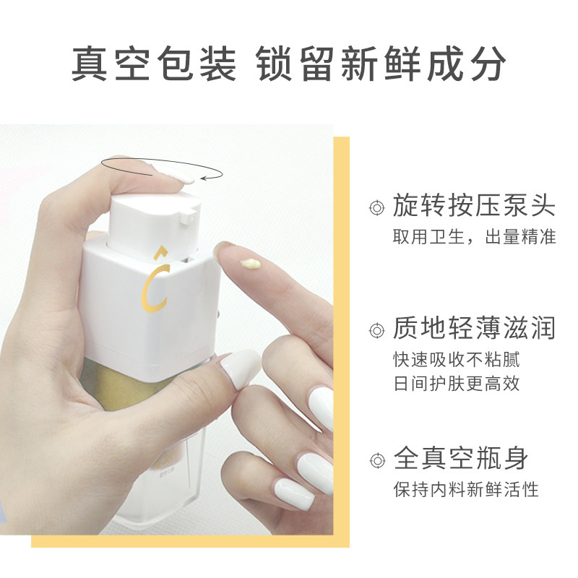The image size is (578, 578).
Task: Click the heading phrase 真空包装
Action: coord(153,65)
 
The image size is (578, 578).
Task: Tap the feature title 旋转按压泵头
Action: coord(474,206)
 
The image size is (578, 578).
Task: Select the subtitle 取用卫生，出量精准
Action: coord(474,237)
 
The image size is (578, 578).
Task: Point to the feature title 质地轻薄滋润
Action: coord(474,329)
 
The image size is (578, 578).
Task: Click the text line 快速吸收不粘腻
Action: coord(456,359)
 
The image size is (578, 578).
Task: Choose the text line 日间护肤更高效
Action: coord(456,384)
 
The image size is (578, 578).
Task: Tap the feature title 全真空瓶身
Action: coord(460,458)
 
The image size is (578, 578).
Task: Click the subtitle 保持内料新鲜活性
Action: coord(466,489)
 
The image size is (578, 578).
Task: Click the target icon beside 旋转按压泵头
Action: coord(375,208)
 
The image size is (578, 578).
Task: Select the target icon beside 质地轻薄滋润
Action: coord(375,331)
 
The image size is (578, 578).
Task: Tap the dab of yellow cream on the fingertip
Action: coord(252,264)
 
